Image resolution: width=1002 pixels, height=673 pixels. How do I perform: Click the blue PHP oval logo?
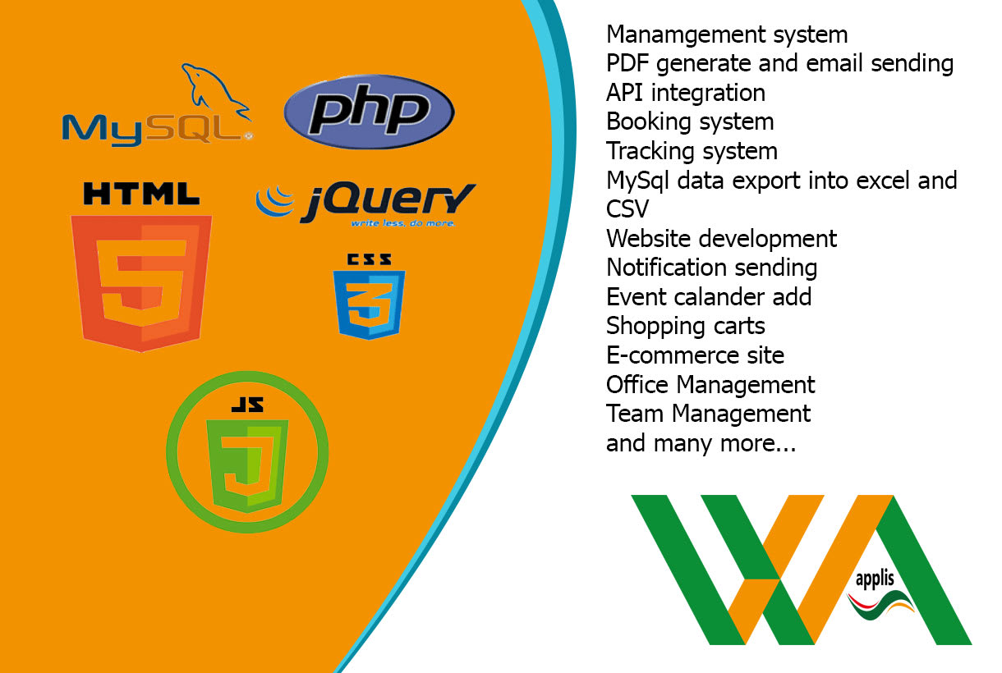[x=369, y=112]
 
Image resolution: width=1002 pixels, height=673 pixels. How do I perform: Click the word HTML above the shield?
[x=141, y=194]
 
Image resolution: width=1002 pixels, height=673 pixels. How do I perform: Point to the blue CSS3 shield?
[x=369, y=302]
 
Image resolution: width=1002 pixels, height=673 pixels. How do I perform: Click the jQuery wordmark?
[x=386, y=202]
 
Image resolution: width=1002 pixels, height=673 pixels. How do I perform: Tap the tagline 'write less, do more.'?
[x=402, y=223]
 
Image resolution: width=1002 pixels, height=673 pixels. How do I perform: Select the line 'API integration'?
[x=686, y=93]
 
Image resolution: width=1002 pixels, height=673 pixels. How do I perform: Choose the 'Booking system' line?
[x=690, y=121]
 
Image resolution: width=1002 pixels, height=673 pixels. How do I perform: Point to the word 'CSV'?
[x=627, y=209]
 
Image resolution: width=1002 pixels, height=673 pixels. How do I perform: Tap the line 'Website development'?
[x=721, y=239]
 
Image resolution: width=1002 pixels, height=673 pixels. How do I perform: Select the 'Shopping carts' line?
[x=686, y=326]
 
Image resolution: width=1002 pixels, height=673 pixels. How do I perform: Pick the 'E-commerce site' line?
[x=695, y=355]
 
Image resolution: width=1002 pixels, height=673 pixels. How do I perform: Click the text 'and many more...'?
[x=701, y=443]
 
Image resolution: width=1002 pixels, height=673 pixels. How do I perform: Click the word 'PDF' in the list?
[x=627, y=63]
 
